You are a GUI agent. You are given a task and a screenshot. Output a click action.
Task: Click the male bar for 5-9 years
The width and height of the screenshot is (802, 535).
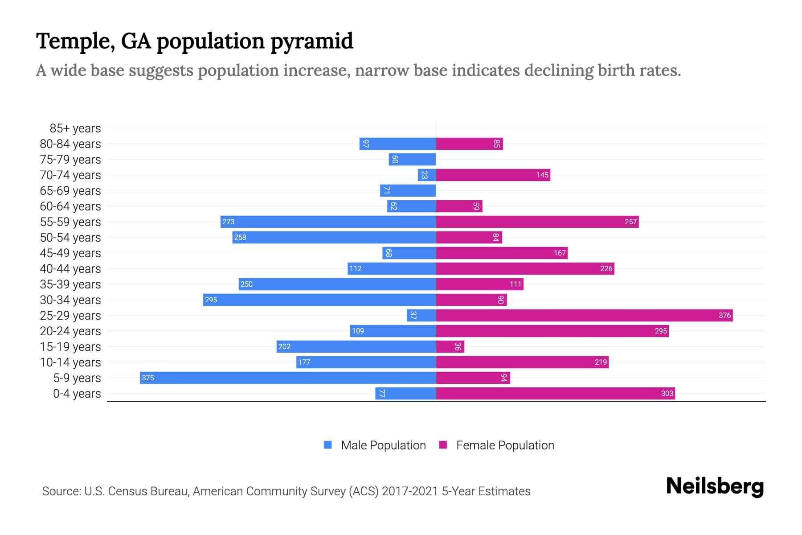tap(287, 378)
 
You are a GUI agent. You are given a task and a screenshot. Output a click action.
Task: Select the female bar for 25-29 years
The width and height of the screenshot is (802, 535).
tap(584, 315)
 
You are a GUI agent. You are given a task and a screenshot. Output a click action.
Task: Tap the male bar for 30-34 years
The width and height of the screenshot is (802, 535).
tap(319, 300)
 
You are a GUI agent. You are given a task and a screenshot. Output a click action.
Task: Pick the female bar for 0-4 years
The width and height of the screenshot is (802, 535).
tap(555, 393)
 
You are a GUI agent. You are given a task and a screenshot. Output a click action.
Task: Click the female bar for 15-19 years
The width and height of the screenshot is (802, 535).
tap(450, 346)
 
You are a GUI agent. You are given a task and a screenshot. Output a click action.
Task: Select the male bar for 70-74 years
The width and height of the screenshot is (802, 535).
tap(426, 175)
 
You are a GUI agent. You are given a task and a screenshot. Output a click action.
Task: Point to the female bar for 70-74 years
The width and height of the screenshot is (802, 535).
tap(493, 175)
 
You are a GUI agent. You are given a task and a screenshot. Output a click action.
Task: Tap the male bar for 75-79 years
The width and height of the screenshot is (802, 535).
tap(412, 159)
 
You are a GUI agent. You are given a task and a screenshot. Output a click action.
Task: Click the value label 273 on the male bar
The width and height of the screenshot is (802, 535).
tap(228, 222)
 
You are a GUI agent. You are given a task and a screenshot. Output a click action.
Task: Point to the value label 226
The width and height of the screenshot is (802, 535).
tap(606, 268)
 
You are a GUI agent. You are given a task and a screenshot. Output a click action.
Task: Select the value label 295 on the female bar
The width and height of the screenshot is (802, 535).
tap(661, 331)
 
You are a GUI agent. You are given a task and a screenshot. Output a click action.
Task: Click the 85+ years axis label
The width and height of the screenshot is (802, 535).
tap(75, 128)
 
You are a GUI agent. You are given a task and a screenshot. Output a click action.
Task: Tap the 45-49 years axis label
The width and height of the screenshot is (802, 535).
tap(70, 253)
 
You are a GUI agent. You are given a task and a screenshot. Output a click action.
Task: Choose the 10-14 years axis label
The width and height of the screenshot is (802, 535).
tap(70, 362)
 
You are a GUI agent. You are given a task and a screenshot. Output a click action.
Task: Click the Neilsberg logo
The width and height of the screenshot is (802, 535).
tap(715, 486)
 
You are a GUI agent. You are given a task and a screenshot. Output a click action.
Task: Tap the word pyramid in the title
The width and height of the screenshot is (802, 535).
tap(311, 41)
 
